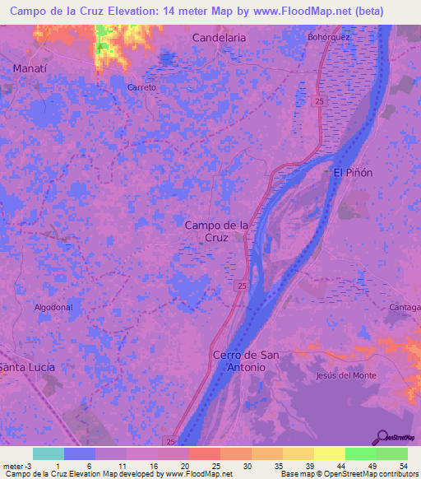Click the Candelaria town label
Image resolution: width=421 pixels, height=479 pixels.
coord(220,38)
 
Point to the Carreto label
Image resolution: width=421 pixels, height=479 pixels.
coord(141,86)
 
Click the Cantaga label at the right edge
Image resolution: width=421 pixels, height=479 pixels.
coord(405,307)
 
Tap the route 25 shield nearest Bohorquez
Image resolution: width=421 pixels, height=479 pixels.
coord(317,101)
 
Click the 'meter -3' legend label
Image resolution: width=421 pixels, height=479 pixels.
coord(18,466)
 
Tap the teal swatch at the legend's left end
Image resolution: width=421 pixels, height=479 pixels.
coord(49,453)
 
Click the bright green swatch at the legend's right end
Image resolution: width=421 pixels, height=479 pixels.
coord(392,453)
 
